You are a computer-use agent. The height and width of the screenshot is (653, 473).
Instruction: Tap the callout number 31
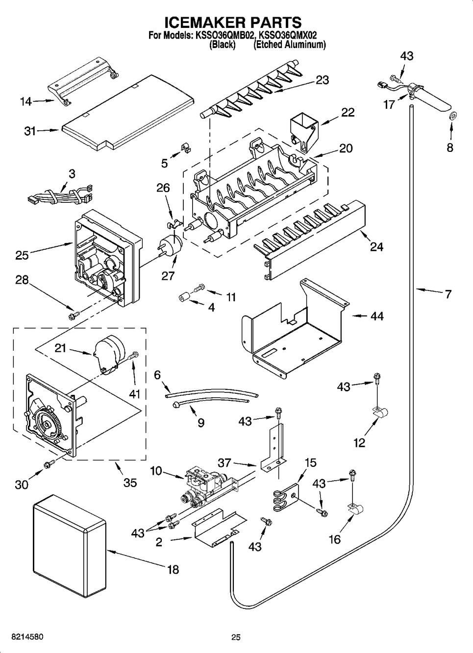coord(29,131)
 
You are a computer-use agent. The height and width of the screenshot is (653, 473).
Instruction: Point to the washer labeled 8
coord(453,116)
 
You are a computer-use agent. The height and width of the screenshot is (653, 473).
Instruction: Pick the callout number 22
coord(349,113)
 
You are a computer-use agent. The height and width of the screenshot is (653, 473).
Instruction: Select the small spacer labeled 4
coord(184,298)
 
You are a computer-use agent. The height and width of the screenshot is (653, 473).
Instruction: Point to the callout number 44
coord(377,316)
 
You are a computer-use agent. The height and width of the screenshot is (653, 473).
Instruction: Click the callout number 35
coord(130,483)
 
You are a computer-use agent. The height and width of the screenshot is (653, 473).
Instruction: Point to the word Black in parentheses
coord(223,45)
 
